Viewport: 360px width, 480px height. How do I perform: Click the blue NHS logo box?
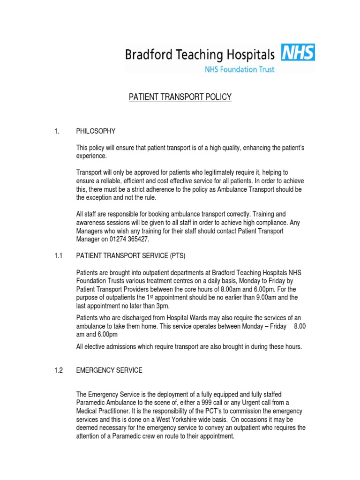click(x=298, y=53)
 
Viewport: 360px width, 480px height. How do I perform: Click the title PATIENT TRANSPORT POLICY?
click(x=180, y=97)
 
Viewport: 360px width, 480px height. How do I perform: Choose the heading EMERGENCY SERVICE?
click(x=109, y=370)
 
